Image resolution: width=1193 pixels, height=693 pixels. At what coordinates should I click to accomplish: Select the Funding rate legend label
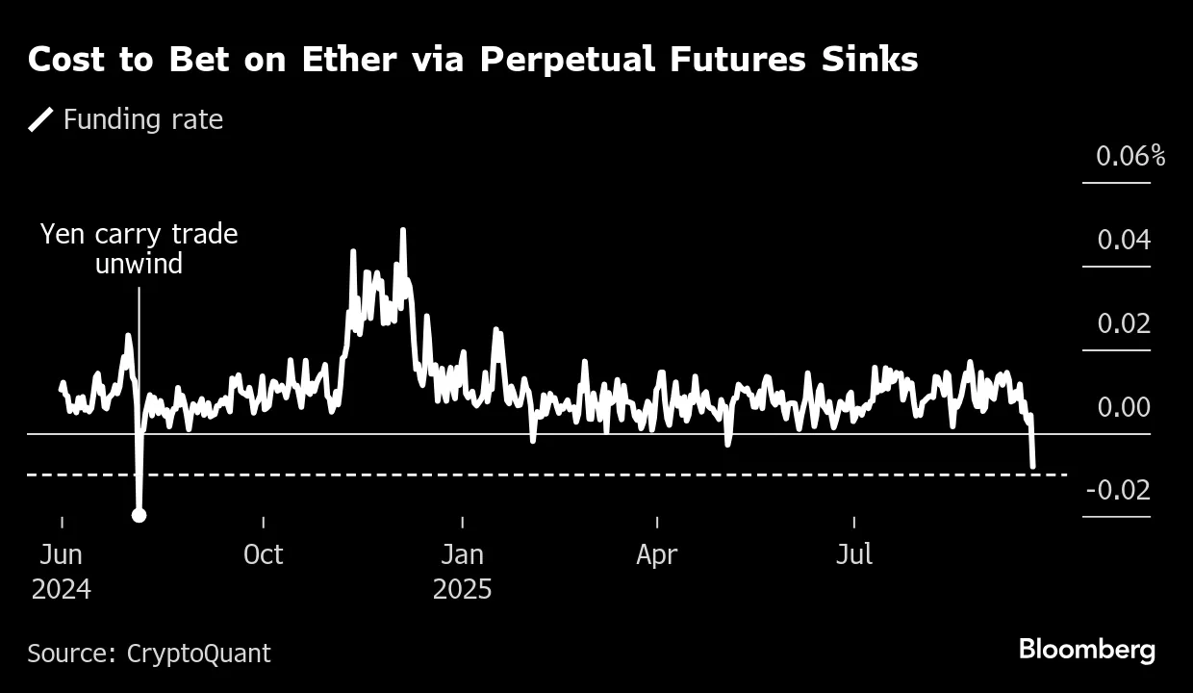(x=142, y=119)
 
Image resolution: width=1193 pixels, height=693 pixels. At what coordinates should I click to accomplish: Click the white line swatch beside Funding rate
(x=41, y=119)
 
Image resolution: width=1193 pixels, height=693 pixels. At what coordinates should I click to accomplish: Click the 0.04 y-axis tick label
(x=1124, y=240)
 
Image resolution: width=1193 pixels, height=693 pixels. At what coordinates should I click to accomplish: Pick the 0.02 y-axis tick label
(x=1124, y=323)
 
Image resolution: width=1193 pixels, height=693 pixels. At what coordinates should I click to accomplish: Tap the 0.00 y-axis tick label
(x=1124, y=407)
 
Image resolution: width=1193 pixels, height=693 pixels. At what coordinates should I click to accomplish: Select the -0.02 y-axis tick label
(x=1118, y=491)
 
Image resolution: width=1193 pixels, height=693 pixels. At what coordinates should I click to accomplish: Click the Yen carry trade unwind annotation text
(x=139, y=249)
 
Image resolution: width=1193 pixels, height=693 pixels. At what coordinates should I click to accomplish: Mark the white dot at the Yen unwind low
(x=139, y=515)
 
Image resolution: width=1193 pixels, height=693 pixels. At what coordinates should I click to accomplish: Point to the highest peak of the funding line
(x=402, y=230)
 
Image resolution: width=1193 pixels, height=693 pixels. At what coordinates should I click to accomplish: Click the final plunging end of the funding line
(x=1032, y=465)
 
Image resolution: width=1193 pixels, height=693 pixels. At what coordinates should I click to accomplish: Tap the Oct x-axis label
(x=263, y=555)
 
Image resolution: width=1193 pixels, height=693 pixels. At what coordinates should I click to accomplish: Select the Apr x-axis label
(x=657, y=555)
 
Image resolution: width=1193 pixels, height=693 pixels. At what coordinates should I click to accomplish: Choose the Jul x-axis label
(x=854, y=555)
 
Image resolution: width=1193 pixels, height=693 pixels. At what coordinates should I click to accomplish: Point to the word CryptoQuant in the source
(x=198, y=654)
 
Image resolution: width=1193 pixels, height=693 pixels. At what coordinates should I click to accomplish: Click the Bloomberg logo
(x=1087, y=650)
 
